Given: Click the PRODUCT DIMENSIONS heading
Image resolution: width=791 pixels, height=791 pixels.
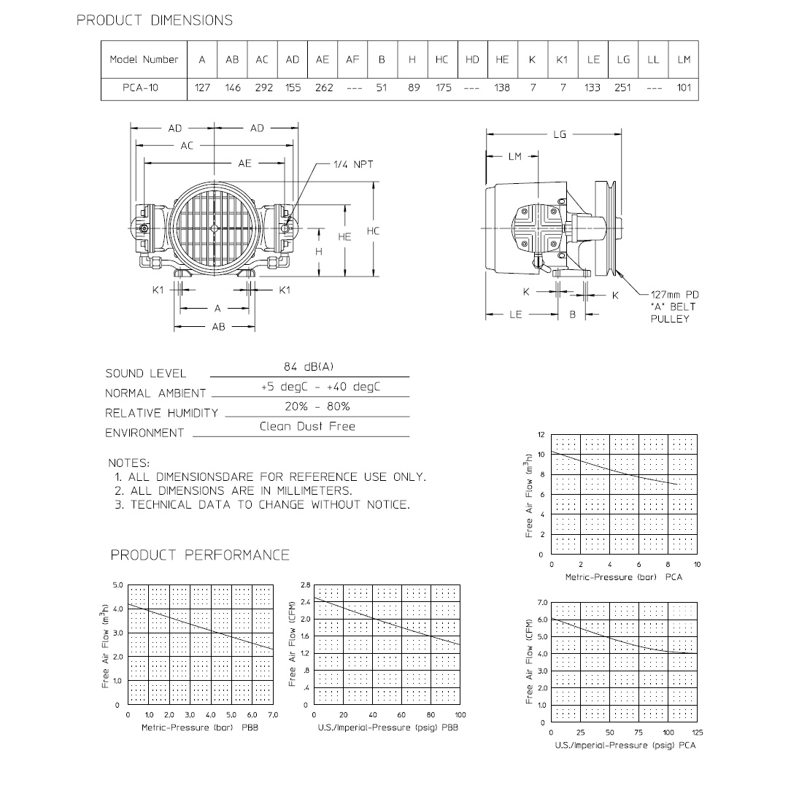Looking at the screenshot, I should coord(155,20).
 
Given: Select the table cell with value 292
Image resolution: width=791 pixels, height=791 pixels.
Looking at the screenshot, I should coord(263,88).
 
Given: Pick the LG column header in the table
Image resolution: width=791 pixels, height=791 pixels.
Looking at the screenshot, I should coord(622,60).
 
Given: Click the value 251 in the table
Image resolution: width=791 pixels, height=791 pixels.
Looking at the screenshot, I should coord(622,88).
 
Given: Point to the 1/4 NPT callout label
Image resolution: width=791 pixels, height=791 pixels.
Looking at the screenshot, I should coord(353,165).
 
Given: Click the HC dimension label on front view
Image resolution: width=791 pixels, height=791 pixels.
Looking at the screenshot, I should coord(373,231).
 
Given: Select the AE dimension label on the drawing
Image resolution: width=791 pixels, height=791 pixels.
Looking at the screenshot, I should coord(244,163).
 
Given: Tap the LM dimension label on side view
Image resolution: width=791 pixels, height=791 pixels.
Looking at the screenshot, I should coord(515,156).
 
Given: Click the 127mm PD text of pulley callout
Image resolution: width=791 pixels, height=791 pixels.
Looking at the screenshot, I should coord(674,295).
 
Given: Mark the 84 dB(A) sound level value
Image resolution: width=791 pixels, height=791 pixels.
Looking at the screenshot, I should coord(308,367).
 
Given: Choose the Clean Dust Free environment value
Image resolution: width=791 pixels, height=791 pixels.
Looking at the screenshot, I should coord(307,426).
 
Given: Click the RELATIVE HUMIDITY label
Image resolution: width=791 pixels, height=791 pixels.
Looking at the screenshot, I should coord(161,413).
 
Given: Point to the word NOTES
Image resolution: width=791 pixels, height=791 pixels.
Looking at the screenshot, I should coord(128,463).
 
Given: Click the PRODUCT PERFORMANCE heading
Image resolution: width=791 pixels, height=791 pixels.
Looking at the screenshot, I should coord(200,555).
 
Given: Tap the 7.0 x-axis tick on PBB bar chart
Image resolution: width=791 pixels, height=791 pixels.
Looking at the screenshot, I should coord(274,714).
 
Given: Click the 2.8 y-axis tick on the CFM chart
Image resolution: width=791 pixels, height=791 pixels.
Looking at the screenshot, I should coord(305,586).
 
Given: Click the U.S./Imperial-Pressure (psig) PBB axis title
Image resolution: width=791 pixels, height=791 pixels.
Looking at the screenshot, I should coord(387,728).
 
